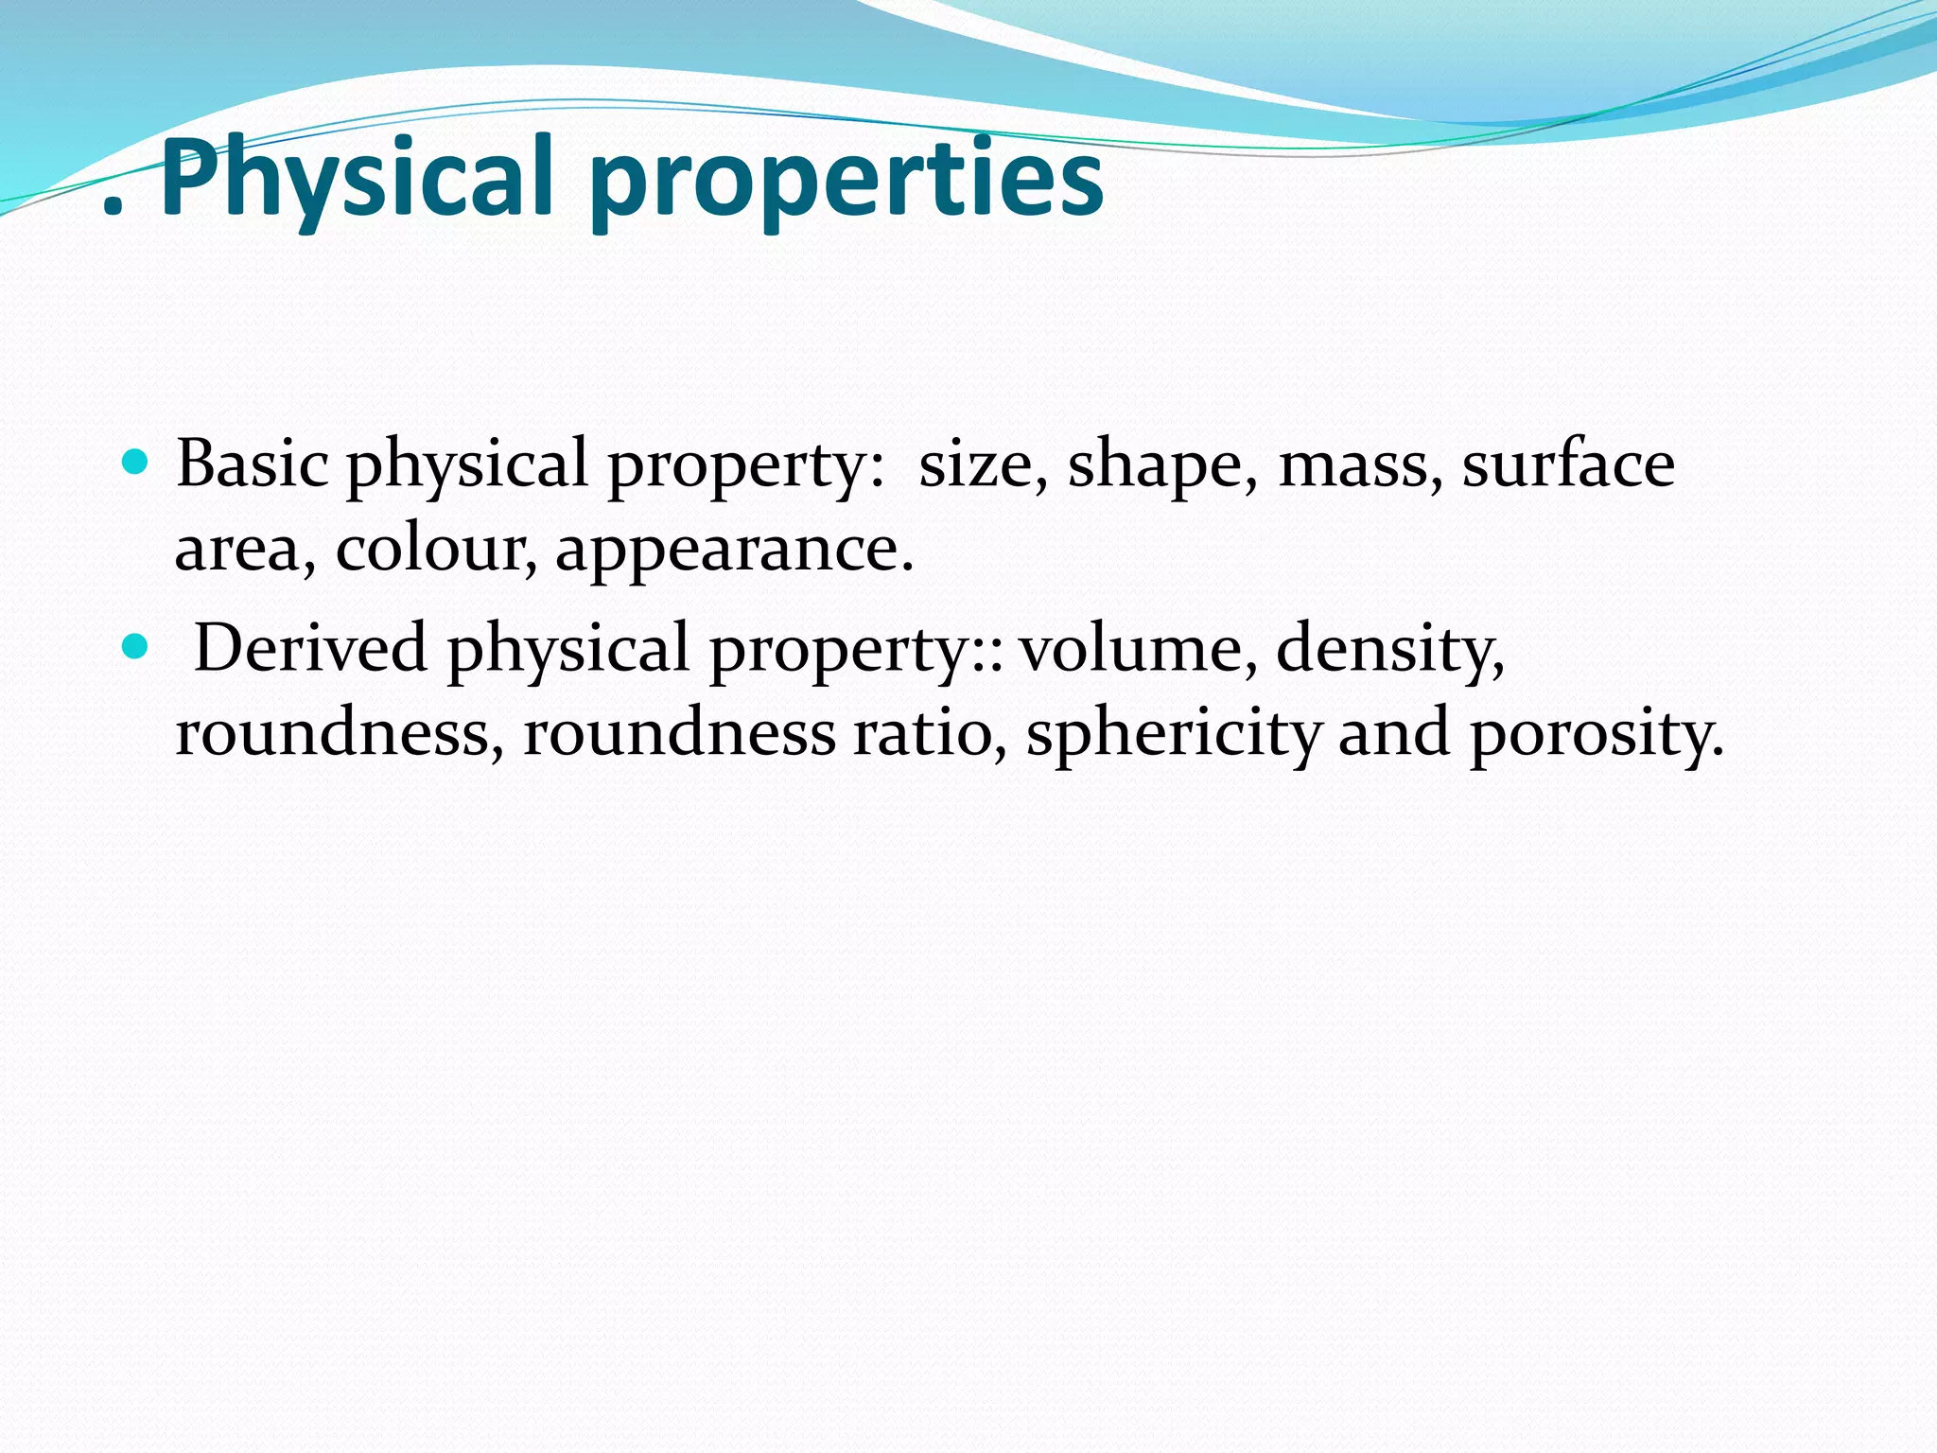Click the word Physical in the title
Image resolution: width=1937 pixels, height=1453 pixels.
click(356, 178)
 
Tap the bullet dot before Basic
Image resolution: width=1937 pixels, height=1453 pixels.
click(137, 463)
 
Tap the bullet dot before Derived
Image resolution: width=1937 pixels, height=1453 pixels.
click(137, 647)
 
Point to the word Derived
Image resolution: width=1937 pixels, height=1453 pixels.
click(310, 648)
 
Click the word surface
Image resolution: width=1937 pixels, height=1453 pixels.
click(1568, 464)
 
